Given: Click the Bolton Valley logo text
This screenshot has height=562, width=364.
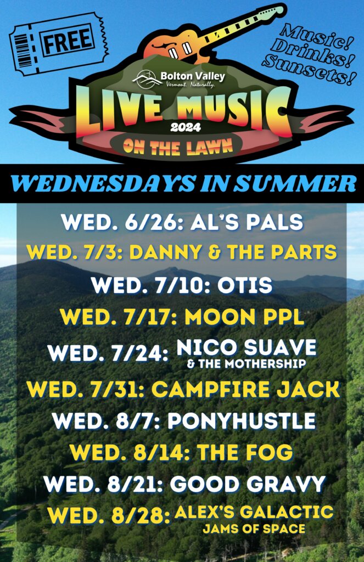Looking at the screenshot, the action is (x=193, y=76).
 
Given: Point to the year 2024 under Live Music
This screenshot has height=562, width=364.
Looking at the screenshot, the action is (x=186, y=127).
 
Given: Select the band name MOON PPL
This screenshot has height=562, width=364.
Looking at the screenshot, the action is (x=244, y=317).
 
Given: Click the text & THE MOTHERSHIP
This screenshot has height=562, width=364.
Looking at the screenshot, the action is (x=247, y=364).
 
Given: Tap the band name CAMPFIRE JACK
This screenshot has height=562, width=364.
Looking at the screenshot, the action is (x=245, y=390).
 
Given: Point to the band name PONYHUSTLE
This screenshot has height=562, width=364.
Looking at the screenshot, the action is (x=242, y=421).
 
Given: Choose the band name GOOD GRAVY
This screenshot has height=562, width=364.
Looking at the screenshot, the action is (x=248, y=484).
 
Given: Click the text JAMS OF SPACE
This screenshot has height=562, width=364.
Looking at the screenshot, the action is (x=254, y=529).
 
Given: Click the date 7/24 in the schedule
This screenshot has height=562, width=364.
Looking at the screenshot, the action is (x=140, y=354).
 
